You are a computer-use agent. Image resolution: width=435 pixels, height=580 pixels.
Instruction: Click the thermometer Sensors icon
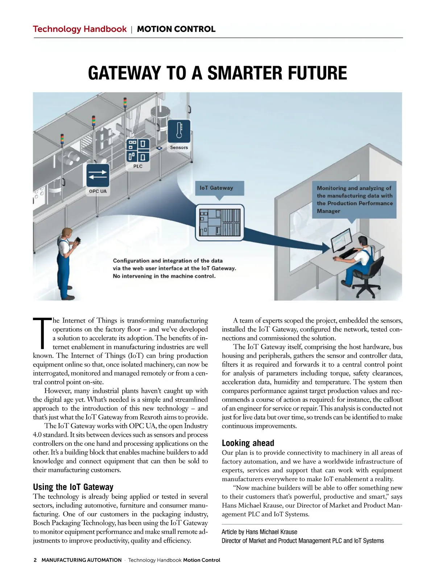click(x=179, y=131)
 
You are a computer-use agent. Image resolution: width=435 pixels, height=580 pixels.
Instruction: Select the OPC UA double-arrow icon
click(x=98, y=175)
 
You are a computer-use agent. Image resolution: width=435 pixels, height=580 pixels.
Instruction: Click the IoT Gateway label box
click(x=219, y=188)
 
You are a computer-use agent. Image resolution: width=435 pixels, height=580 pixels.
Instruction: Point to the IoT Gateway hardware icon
click(x=220, y=223)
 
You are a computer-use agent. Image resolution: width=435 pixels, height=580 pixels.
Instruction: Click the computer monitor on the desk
click(x=342, y=240)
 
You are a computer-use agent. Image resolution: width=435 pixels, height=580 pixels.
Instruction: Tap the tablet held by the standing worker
click(x=78, y=241)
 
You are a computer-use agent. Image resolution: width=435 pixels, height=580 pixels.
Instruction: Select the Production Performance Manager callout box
click(x=354, y=199)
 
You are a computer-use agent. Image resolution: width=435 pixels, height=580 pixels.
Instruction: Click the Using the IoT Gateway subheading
click(x=73, y=487)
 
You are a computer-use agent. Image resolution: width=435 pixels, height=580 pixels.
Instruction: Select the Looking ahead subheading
click(x=248, y=443)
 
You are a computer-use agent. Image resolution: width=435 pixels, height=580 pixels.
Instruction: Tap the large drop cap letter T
click(x=42, y=333)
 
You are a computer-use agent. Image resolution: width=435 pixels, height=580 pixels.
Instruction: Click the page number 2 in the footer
click(x=35, y=560)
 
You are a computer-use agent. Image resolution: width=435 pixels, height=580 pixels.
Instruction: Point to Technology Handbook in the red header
click(x=80, y=29)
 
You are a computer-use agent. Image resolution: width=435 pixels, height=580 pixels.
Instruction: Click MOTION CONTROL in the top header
click(x=176, y=29)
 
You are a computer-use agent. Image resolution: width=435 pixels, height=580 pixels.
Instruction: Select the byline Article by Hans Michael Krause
click(x=259, y=532)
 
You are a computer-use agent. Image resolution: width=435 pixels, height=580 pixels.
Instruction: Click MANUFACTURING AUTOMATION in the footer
click(x=82, y=560)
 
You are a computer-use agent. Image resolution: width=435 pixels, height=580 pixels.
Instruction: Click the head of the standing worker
click(x=66, y=232)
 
